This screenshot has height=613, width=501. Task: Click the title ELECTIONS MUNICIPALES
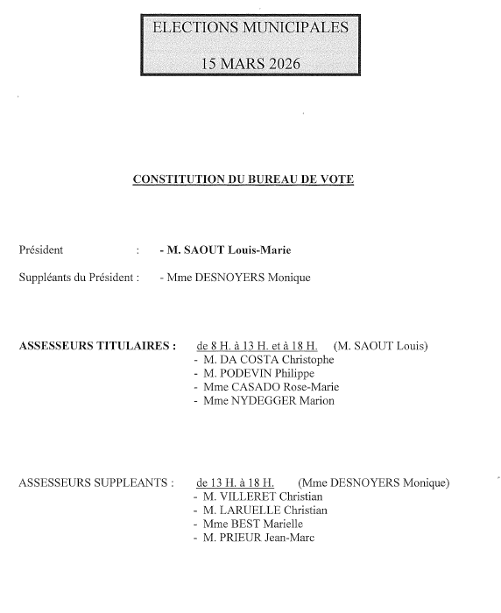[250, 27]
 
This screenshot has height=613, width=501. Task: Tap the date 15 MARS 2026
[250, 63]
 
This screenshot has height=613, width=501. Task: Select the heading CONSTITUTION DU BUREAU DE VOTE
[243, 180]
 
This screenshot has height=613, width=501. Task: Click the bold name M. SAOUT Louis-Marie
[227, 250]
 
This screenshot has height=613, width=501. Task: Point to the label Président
[41, 250]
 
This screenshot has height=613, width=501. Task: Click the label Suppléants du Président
[79, 278]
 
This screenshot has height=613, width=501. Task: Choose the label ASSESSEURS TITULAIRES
[97, 345]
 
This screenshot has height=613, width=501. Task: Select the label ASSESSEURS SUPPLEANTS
[95, 483]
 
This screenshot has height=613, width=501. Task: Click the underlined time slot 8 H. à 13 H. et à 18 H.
[258, 345]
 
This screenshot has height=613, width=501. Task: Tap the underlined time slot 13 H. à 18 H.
[236, 483]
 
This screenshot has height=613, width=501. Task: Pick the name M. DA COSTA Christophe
[268, 359]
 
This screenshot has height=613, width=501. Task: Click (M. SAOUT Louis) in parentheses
[381, 345]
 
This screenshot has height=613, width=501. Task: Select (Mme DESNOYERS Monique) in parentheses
[373, 483]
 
